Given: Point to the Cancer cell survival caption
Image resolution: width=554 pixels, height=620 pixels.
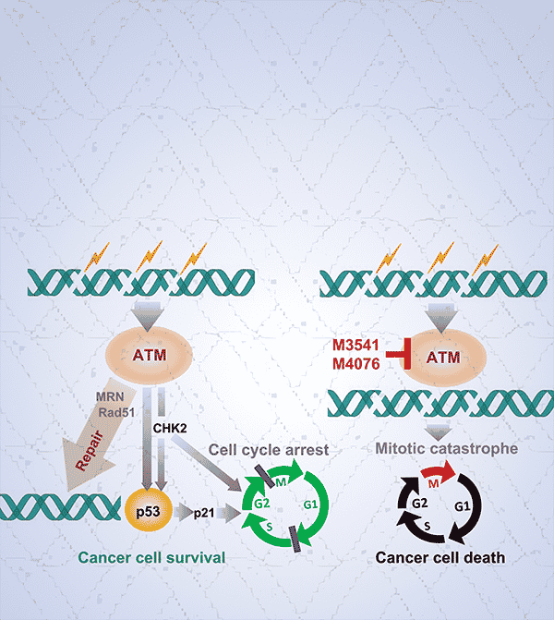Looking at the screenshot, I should click(152, 558).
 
